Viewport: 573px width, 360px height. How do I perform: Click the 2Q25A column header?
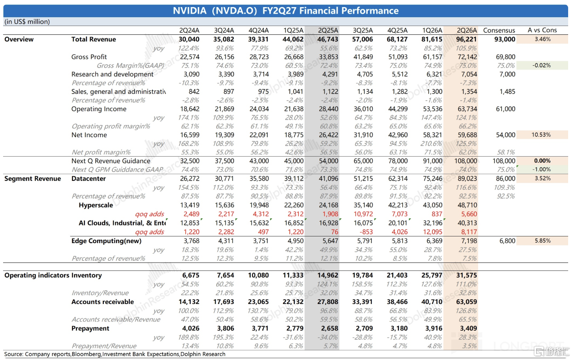(x=328, y=30)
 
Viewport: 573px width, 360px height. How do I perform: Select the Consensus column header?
(x=499, y=30)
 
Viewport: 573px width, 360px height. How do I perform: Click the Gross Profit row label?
(x=89, y=57)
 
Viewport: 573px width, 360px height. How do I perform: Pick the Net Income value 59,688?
(x=467, y=135)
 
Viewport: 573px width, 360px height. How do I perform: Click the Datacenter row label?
(x=88, y=179)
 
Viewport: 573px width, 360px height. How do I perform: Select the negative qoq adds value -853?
(x=366, y=232)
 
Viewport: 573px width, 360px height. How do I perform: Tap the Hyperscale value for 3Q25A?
(x=363, y=205)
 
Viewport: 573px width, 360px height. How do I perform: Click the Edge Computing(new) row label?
(x=106, y=241)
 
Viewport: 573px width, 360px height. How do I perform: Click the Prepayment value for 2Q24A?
(x=191, y=328)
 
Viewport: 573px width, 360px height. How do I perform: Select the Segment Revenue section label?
(x=33, y=179)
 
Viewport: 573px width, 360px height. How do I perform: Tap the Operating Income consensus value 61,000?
(x=505, y=109)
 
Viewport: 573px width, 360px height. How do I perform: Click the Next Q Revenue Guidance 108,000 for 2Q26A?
(x=466, y=161)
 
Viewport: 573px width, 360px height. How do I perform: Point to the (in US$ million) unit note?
(x=27, y=22)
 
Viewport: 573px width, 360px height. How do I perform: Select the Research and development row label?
(x=112, y=74)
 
